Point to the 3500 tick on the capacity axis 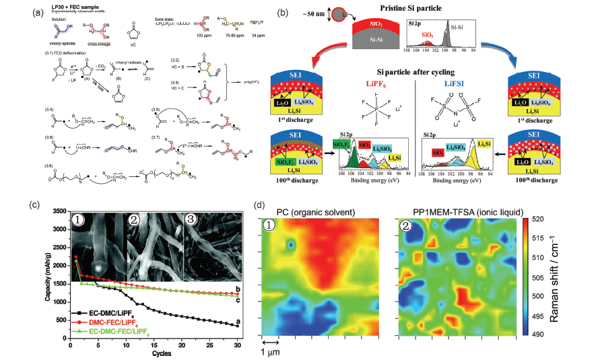click(x=60, y=211)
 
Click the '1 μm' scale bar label click(x=273, y=352)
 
